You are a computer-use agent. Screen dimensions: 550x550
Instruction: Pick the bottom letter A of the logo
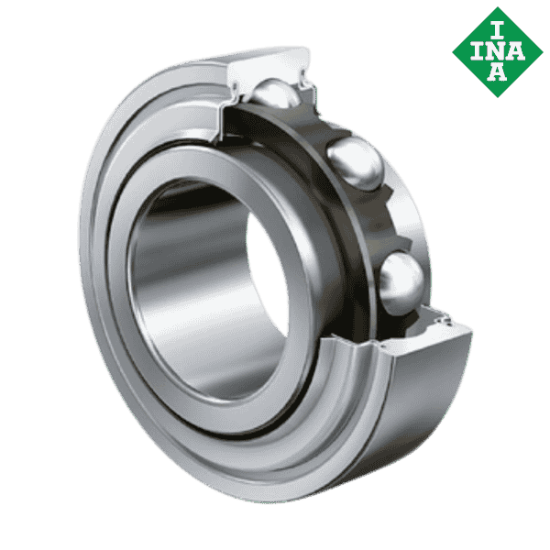pos(497,74)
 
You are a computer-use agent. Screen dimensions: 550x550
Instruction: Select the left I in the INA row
pos(475,51)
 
